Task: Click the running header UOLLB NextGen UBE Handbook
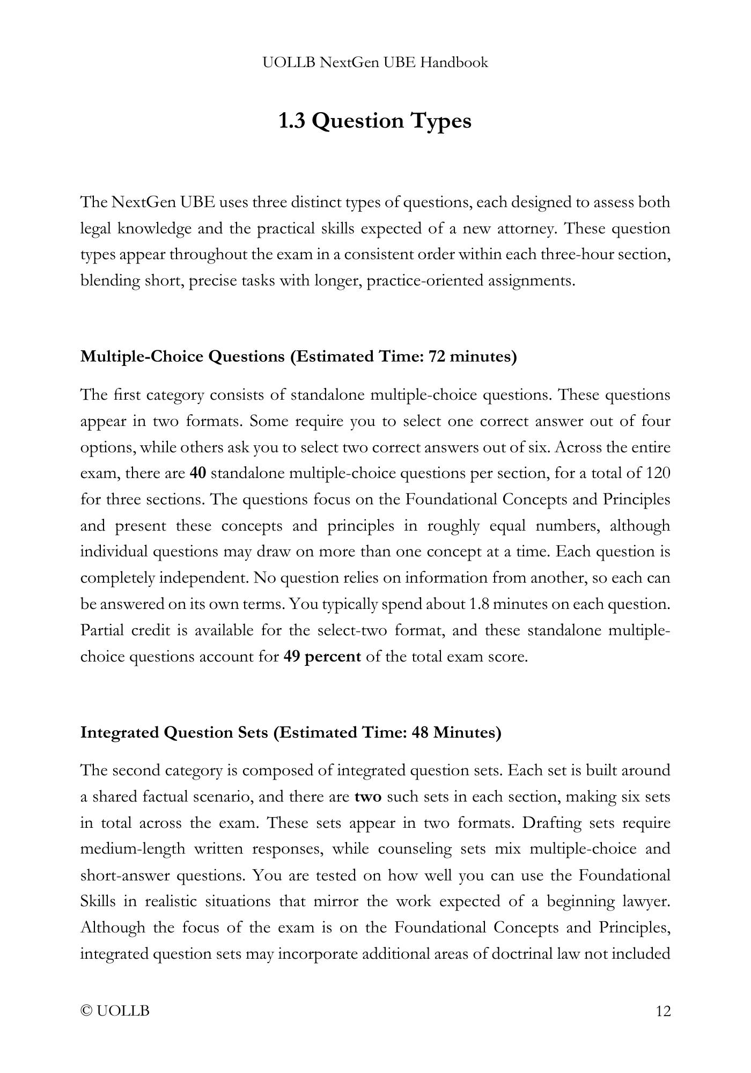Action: [376, 63]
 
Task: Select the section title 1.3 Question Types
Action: [375, 121]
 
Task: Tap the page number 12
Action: [663, 1011]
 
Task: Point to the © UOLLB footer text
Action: [115, 1011]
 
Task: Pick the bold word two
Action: [368, 796]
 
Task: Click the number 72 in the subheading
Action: [438, 356]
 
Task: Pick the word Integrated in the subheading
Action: [119, 732]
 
